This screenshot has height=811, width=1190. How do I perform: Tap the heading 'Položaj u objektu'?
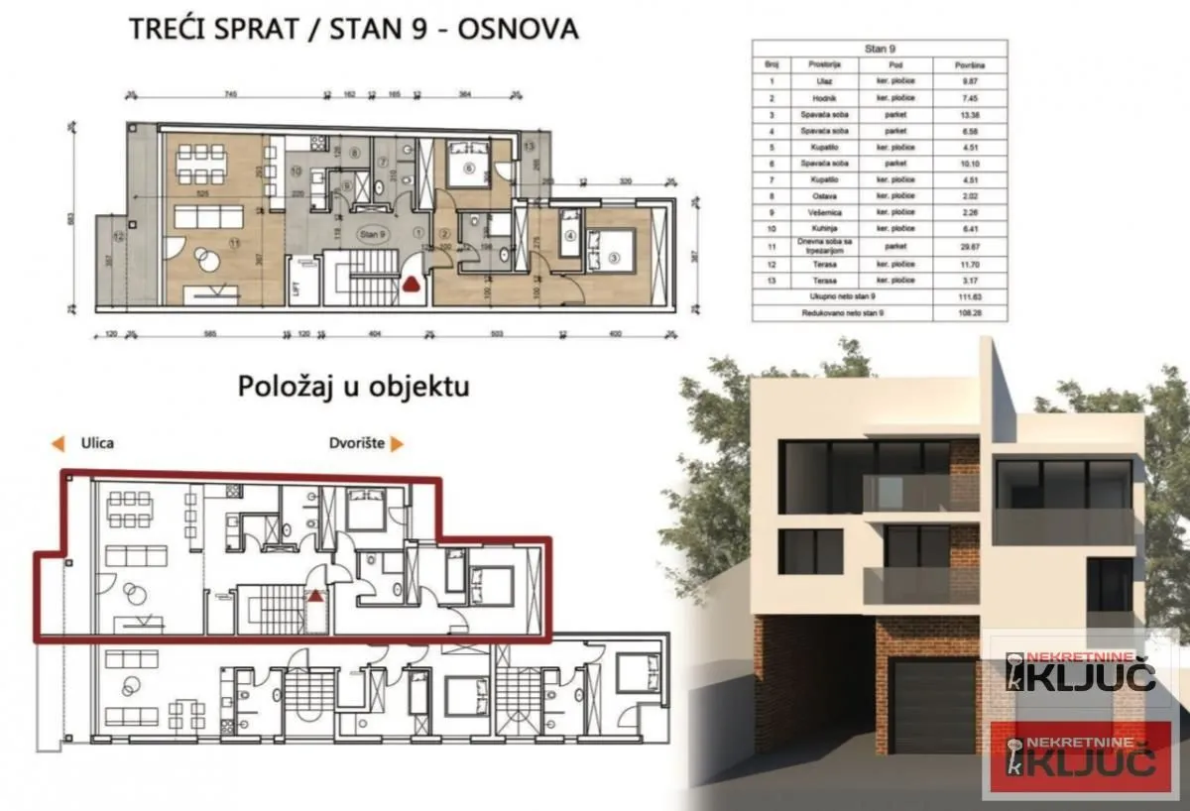pos(353,386)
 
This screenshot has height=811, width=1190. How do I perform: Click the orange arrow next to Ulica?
pos(59,444)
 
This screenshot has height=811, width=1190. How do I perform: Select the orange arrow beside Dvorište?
pos(397,444)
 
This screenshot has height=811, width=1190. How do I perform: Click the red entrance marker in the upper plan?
pos(411,285)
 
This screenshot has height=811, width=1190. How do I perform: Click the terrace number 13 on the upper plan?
pos(529,146)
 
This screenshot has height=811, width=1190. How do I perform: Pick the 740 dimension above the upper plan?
pos(230,96)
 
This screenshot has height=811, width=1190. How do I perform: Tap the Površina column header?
pos(970,63)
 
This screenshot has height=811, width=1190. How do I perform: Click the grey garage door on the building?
pos(933,706)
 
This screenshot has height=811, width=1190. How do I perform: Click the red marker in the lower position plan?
pos(314,597)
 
